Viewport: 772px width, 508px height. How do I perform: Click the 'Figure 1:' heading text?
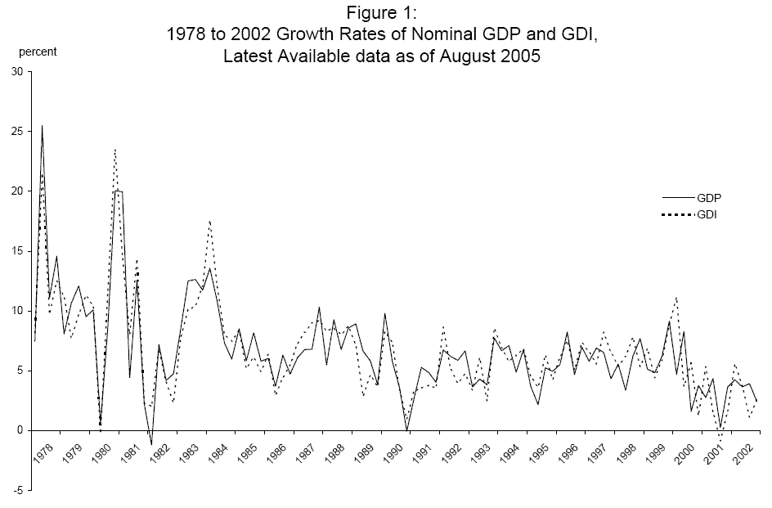coord(385,14)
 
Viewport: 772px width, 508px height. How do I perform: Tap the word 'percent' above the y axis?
coord(38,52)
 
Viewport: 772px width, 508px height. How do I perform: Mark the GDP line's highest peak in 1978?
coord(42,126)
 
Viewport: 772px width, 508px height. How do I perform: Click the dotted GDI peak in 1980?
coord(115,150)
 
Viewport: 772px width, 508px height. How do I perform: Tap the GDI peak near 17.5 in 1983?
coord(210,221)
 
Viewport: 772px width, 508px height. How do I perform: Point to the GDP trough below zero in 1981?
coord(151,444)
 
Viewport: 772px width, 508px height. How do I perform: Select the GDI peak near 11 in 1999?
coord(676,298)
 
